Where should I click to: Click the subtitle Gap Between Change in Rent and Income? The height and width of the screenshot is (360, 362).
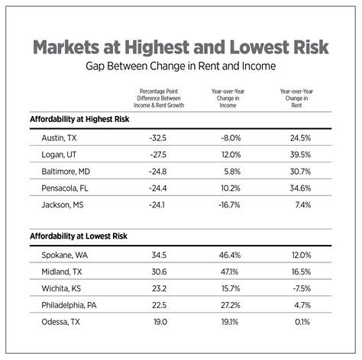pos(180,67)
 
